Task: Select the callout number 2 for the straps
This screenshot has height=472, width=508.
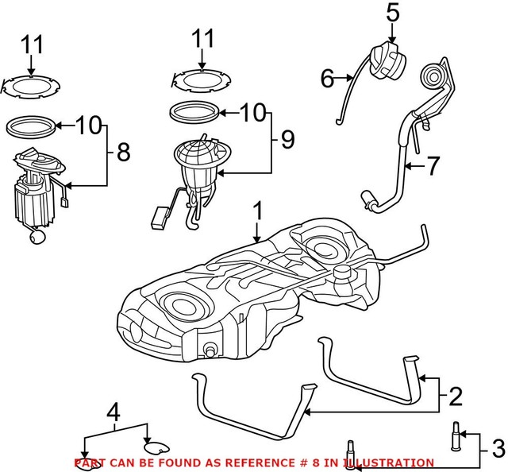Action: tap(455, 396)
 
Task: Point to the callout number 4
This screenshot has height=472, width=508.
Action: tap(114, 412)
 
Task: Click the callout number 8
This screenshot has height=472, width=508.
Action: tap(123, 153)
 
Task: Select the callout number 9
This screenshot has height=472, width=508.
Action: tap(287, 140)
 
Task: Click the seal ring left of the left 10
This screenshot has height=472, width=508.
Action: tap(33, 126)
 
